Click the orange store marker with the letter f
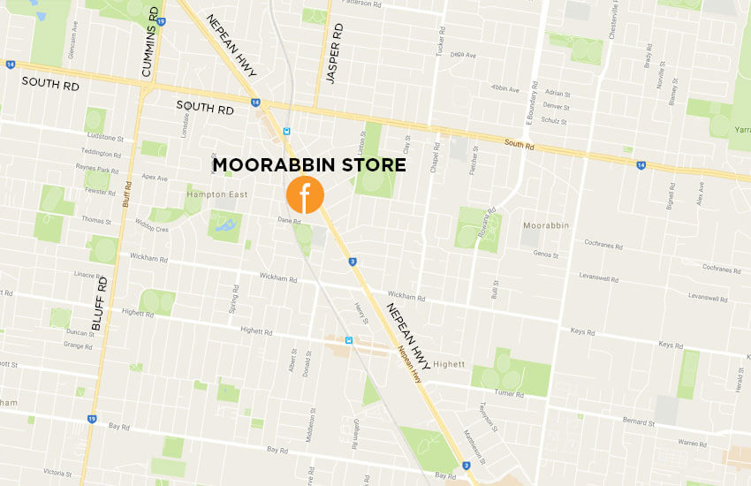tap(305, 195)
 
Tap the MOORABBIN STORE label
tap(309, 165)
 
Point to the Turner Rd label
tap(511, 391)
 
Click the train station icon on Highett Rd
tap(350, 340)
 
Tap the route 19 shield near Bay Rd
tap(91, 419)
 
